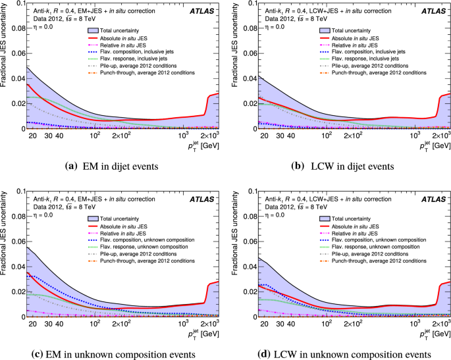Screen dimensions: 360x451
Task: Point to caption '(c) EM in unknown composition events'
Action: tap(111, 355)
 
